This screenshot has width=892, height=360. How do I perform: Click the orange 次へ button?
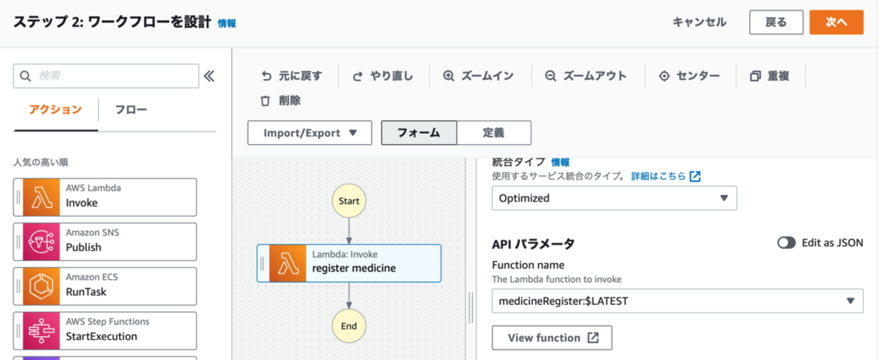point(836,22)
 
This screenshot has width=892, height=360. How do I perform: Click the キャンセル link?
point(699,22)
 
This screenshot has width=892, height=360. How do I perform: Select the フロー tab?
point(130,109)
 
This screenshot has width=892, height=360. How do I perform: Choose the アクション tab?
point(56,109)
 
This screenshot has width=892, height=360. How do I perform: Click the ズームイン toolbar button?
point(478,76)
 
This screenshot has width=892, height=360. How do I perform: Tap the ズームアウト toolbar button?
point(585,76)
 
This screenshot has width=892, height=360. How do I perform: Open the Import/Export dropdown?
point(309,133)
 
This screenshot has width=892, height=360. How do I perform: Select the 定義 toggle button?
point(493,133)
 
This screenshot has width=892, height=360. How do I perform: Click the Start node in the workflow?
point(349,201)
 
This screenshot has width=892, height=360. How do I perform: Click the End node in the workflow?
point(349,326)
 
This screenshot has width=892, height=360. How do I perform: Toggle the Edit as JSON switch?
point(786,243)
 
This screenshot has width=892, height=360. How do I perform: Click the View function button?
point(551,338)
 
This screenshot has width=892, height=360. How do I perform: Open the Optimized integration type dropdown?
point(614,199)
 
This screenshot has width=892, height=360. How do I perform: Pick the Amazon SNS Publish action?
point(105,241)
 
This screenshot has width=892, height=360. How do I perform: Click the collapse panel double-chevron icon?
point(209,76)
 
